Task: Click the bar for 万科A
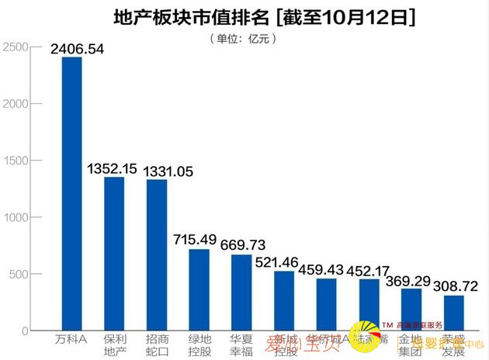pos(71,194)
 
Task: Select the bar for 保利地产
pos(114,254)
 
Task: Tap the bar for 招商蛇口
pos(157,255)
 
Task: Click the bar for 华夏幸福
pos(241,292)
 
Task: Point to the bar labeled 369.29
pos(411,310)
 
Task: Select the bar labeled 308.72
pos(453,313)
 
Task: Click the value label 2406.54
pos(77,48)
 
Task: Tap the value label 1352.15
pos(113,168)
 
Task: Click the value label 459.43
pos(326,269)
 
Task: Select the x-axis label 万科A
pos(71,341)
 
